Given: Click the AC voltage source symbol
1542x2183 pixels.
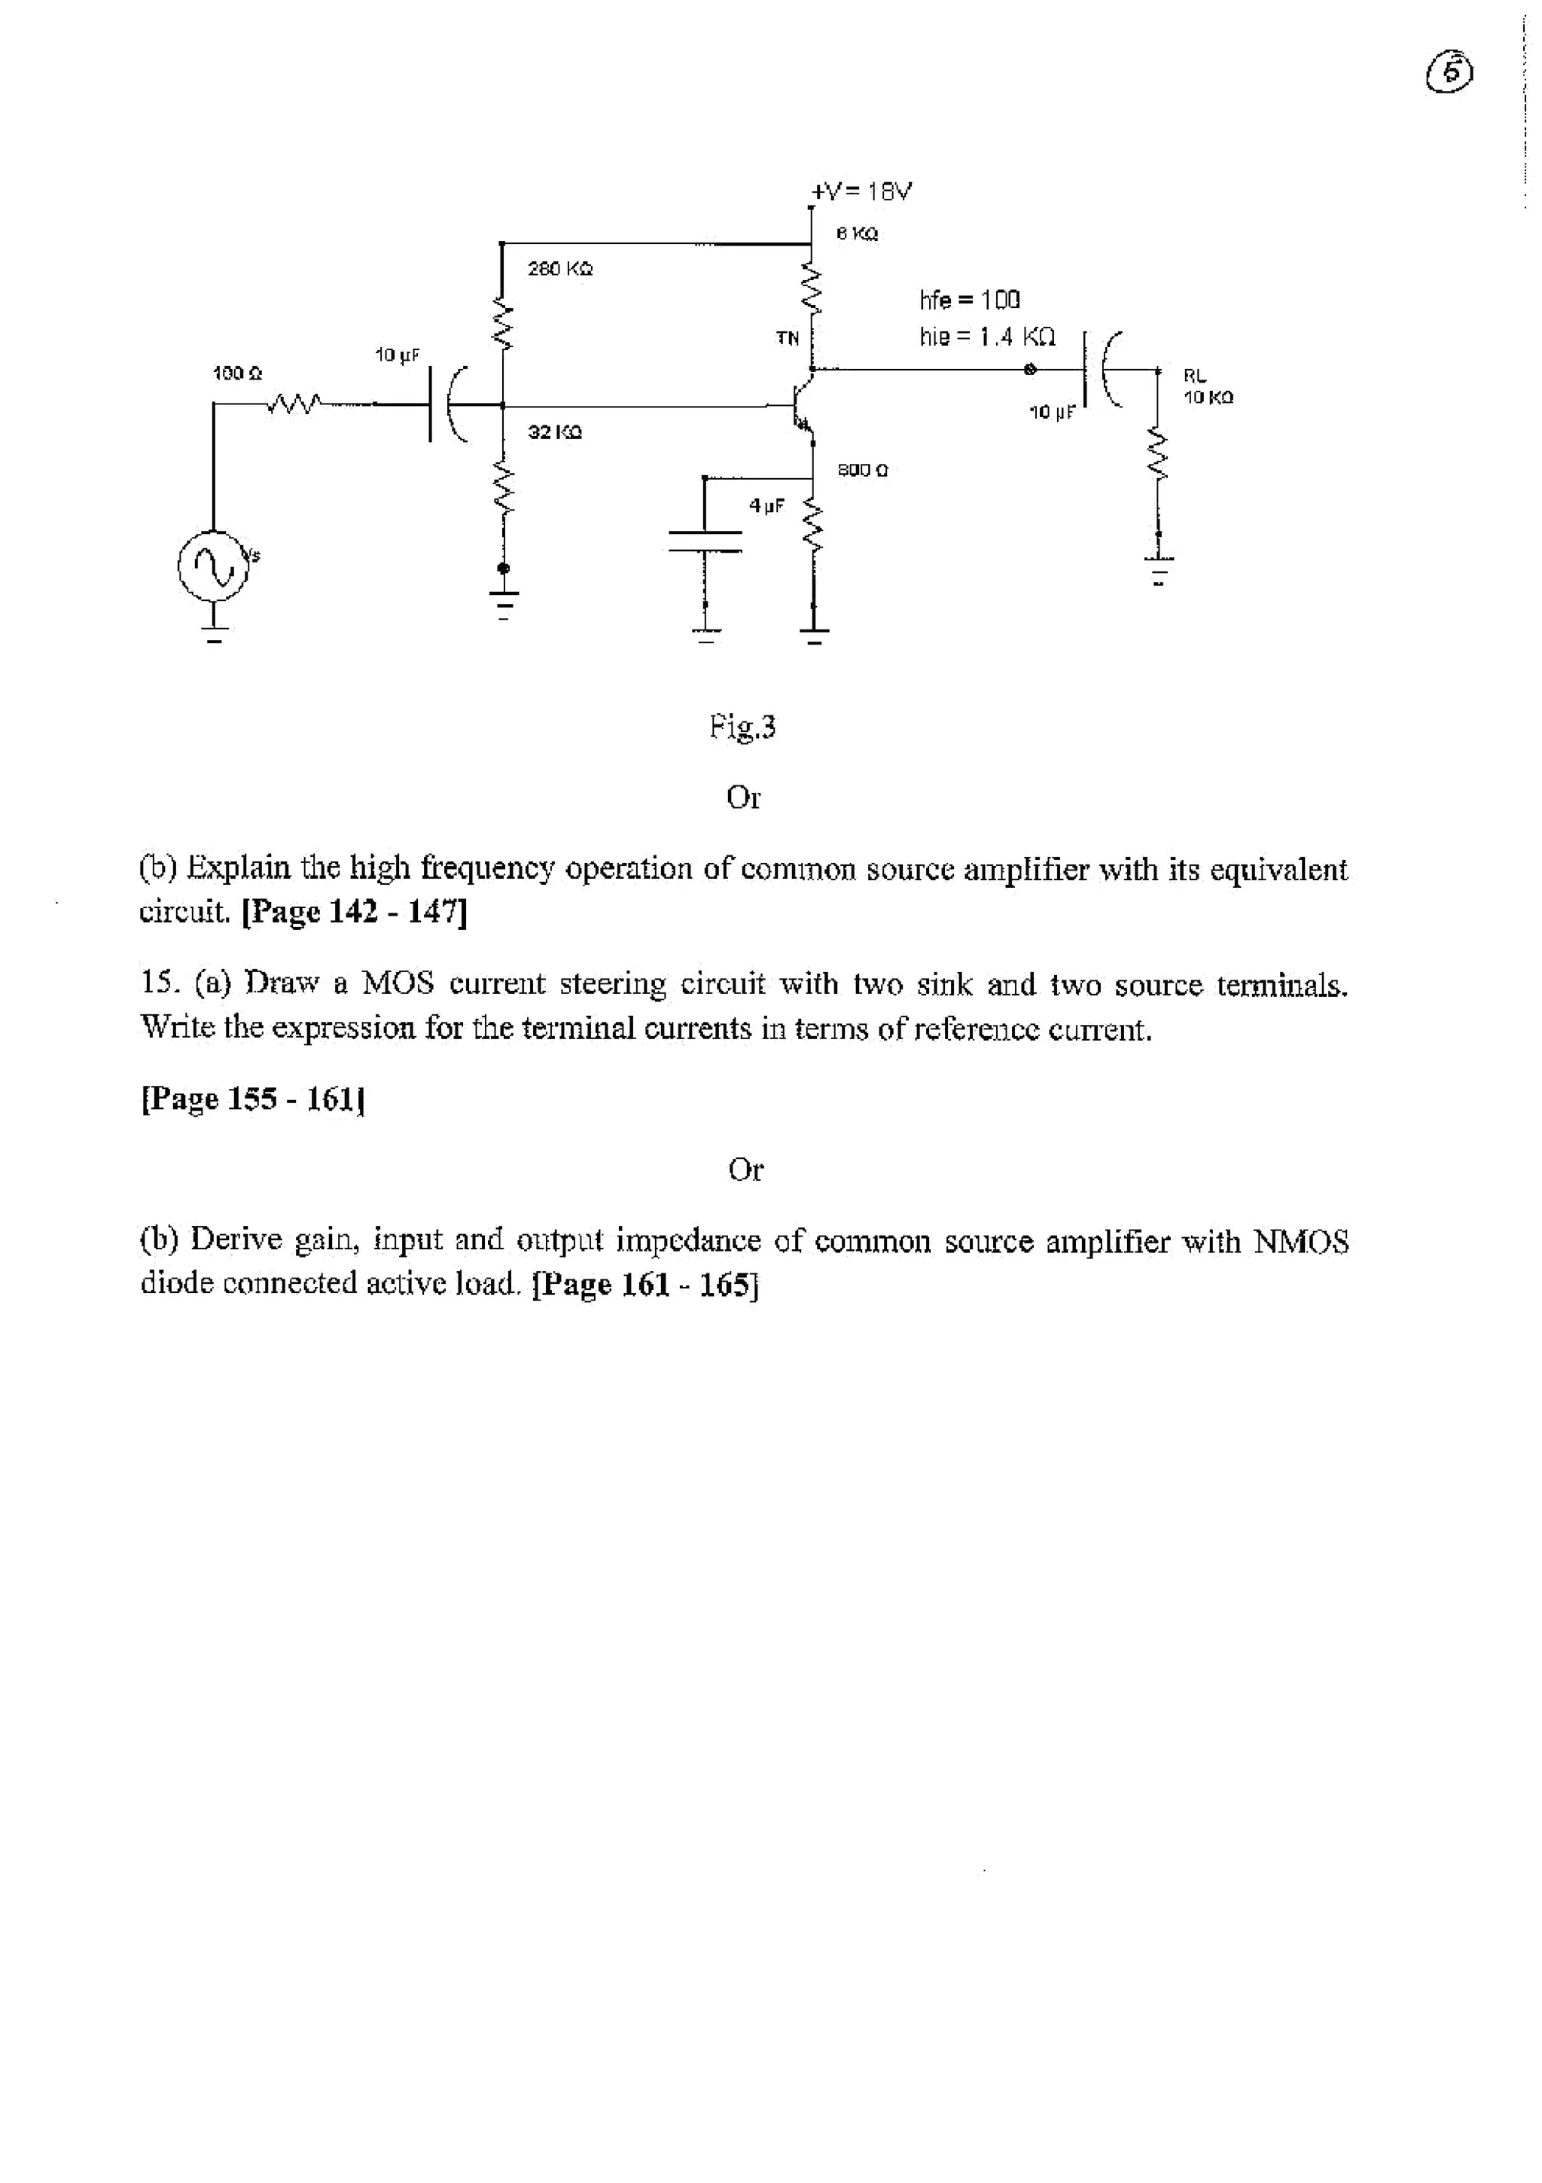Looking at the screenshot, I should click(x=216, y=569).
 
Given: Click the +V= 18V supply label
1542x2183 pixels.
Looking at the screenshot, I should click(x=861, y=191).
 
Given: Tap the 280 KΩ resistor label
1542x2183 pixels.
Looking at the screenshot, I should click(x=560, y=269).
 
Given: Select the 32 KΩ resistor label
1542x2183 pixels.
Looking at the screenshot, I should click(x=554, y=432).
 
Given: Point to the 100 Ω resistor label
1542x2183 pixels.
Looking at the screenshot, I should click(x=236, y=373).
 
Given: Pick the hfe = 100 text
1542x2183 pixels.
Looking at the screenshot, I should click(x=969, y=300).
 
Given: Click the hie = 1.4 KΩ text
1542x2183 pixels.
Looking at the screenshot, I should click(x=986, y=337).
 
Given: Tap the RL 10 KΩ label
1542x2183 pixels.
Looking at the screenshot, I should click(x=1208, y=387).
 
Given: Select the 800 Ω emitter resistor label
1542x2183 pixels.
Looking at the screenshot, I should click(x=861, y=470).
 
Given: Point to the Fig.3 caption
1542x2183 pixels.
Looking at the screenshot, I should click(x=742, y=727).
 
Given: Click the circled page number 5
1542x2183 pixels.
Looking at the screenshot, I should click(x=1451, y=73).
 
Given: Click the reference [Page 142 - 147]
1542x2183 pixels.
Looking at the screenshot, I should click(x=355, y=912).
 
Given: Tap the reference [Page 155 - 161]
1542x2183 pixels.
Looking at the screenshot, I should click(x=253, y=1099).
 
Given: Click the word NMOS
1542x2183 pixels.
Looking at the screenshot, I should click(x=1300, y=1241).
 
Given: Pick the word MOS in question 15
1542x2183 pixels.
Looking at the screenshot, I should click(x=398, y=982).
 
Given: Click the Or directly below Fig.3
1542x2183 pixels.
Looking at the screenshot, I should click(x=742, y=797).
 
